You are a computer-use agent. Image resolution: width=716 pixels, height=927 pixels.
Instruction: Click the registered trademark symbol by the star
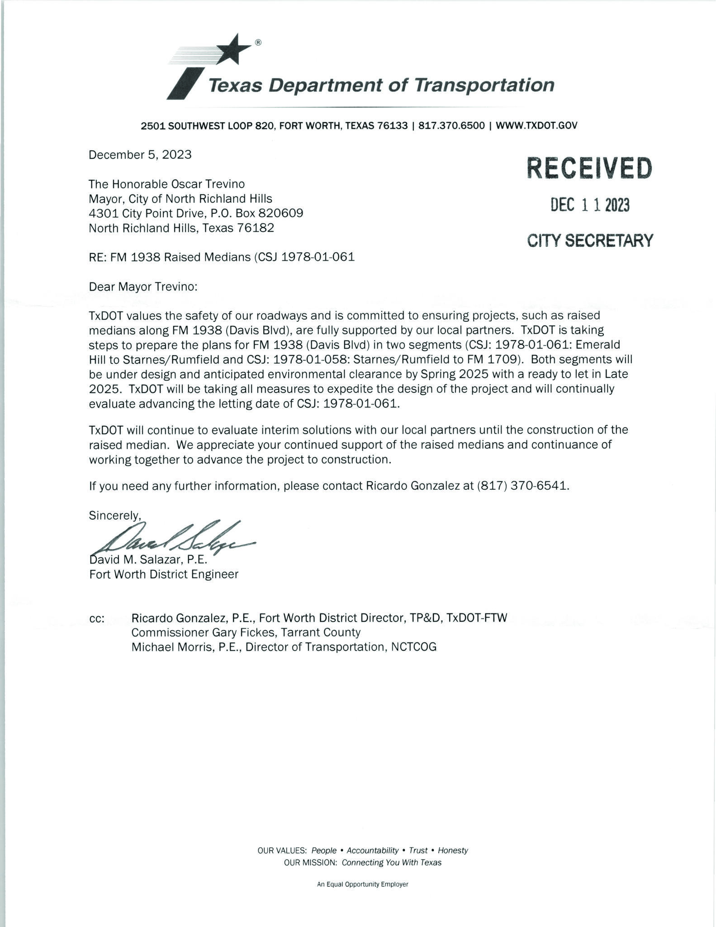tap(258, 43)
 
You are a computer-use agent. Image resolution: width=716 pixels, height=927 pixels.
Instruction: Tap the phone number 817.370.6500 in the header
tap(451, 125)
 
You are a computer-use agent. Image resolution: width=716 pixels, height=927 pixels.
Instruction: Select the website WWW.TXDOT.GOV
tap(536, 125)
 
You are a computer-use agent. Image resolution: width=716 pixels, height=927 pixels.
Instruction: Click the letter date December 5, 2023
tap(140, 155)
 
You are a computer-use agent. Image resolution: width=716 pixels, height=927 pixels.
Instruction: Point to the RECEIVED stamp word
tap(589, 168)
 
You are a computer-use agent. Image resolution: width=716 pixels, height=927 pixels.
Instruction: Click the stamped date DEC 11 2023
tap(589, 205)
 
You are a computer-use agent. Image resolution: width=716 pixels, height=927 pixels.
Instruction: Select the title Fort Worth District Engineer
tap(164, 574)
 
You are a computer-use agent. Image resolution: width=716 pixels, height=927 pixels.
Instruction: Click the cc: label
tap(97, 619)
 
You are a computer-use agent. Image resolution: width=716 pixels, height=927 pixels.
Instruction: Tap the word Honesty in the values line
tap(453, 851)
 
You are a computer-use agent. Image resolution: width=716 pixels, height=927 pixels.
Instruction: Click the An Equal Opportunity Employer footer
tap(363, 884)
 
